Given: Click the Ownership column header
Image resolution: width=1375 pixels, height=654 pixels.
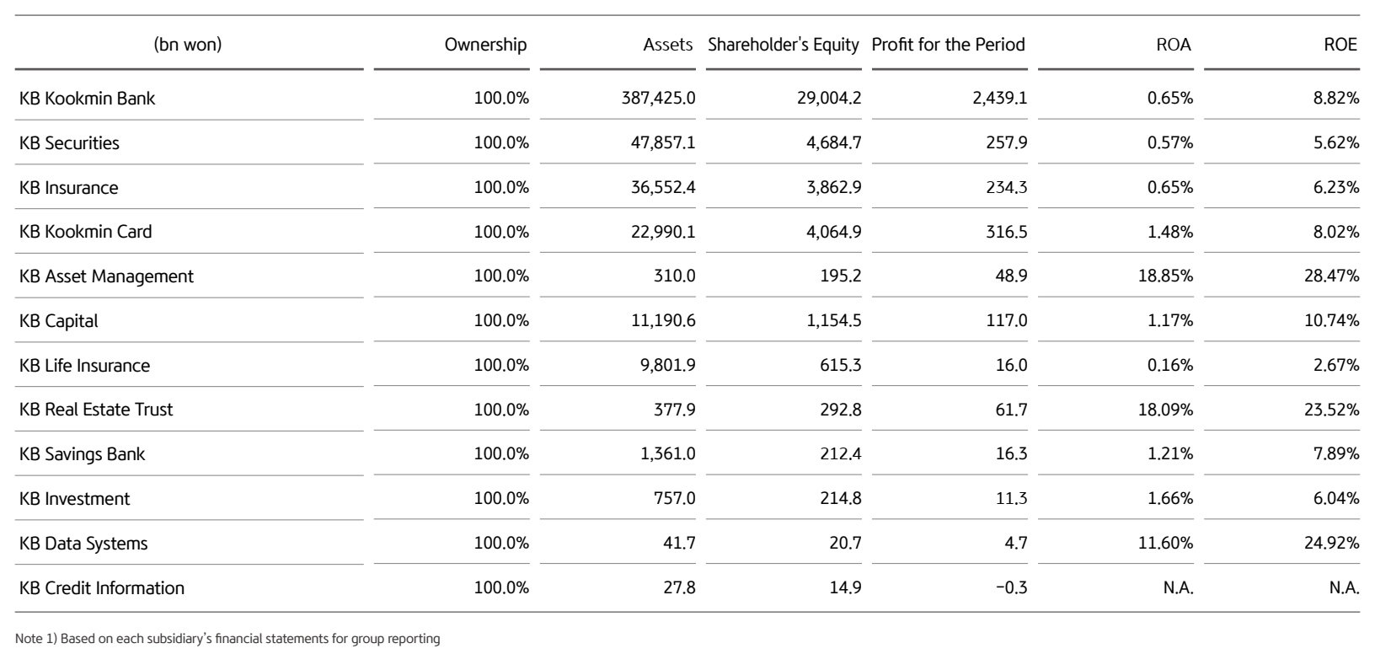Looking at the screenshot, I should (485, 45).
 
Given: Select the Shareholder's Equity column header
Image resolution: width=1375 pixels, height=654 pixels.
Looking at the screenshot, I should (783, 45).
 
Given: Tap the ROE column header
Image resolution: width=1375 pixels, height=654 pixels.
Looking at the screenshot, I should (1340, 45).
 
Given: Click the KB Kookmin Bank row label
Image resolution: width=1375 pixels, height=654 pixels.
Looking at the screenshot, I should (87, 99).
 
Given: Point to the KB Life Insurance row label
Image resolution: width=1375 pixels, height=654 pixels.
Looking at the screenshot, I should (84, 366).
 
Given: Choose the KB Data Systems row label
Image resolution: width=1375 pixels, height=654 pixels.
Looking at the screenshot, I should (83, 544).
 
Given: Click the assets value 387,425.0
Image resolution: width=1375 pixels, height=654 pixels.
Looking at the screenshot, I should (658, 99).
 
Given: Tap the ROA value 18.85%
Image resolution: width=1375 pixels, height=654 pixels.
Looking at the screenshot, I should (1165, 276).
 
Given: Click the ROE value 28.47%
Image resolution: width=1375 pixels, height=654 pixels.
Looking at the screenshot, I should (1331, 276).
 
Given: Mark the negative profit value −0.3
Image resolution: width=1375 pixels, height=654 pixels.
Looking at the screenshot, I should (1011, 588).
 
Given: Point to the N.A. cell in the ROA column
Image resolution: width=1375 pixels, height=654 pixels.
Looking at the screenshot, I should (1178, 588).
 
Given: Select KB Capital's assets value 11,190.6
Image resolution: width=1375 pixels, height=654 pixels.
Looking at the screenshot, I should (663, 321).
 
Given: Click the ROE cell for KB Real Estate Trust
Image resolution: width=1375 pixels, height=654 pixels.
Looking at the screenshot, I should (1331, 410).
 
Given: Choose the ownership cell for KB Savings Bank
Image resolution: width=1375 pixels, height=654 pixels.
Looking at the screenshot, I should (501, 454).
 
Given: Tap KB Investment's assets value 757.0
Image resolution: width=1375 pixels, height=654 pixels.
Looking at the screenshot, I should (674, 499).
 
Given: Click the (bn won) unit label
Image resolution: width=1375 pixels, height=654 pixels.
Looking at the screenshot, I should (188, 45).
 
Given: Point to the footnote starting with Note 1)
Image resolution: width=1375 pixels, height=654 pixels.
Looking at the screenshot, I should (227, 639).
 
